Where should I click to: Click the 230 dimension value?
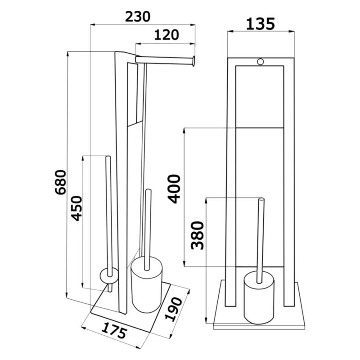click(x=138, y=17)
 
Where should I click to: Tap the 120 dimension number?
click(x=166, y=35)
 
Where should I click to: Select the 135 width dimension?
click(x=261, y=24)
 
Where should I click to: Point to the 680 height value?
click(x=61, y=182)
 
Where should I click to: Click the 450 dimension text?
click(x=76, y=208)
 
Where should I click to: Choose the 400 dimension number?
click(x=174, y=189)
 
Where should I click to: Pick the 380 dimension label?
click(x=198, y=235)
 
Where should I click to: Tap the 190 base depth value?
click(x=174, y=309)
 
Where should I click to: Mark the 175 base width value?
click(x=114, y=330)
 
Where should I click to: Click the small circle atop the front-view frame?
click(x=261, y=62)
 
